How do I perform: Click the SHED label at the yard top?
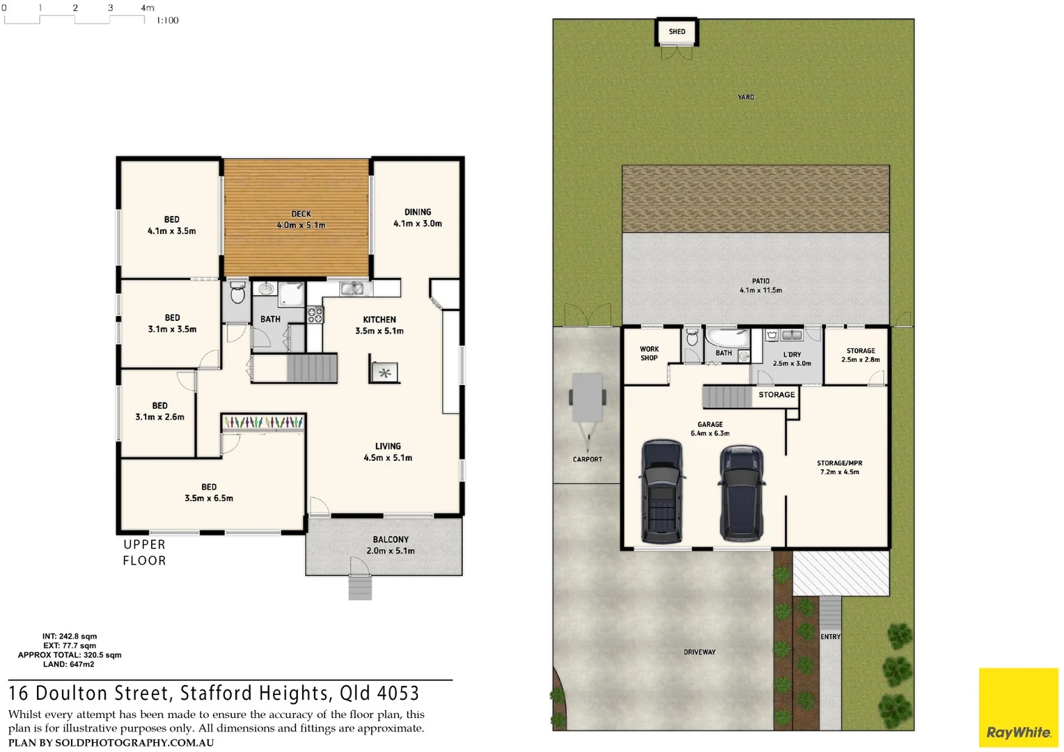pyautogui.click(x=677, y=31)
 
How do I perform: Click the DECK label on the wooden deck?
pyautogui.click(x=301, y=214)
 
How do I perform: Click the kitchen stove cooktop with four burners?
pyautogui.click(x=315, y=315)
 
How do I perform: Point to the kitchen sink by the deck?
pyautogui.click(x=352, y=288)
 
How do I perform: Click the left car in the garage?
pyautogui.click(x=661, y=492)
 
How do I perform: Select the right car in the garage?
pyautogui.click(x=742, y=494)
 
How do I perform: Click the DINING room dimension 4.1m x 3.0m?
pyautogui.click(x=418, y=224)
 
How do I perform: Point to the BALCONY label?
pyautogui.click(x=391, y=540)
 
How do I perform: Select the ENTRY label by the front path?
pyautogui.click(x=830, y=637)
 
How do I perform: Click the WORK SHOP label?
pyautogui.click(x=649, y=354)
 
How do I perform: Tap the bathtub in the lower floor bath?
pyautogui.click(x=728, y=338)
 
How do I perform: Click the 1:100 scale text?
pyautogui.click(x=167, y=21)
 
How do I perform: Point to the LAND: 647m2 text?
pyautogui.click(x=68, y=664)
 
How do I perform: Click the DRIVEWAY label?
pyautogui.click(x=699, y=652)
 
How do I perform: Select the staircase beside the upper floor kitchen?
pyautogui.click(x=311, y=368)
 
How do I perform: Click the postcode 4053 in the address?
pyautogui.click(x=398, y=694)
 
